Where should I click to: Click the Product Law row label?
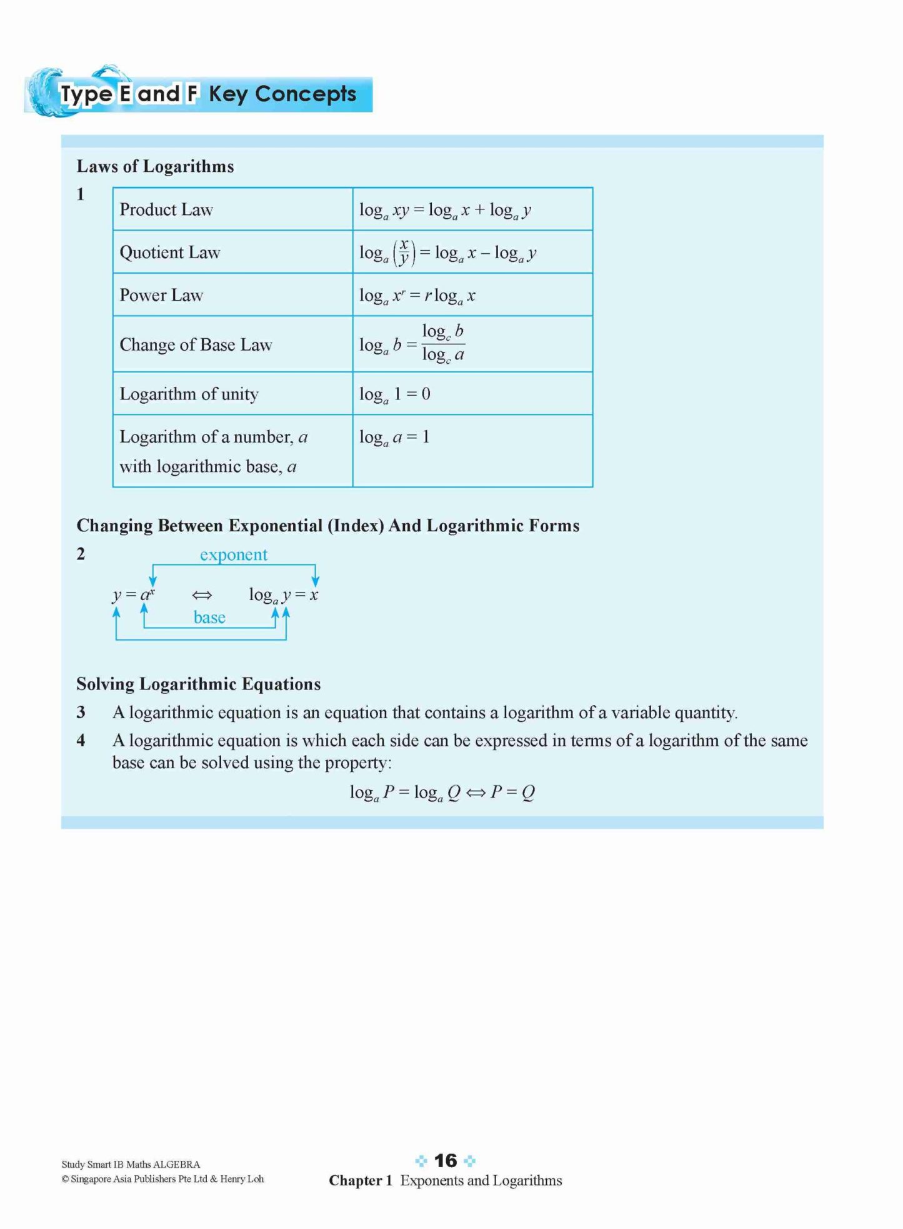(x=166, y=209)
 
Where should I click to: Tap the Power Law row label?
(x=161, y=295)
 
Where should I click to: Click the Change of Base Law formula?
(x=412, y=344)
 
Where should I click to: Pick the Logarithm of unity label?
(x=189, y=394)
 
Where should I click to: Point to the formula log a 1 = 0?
(x=394, y=394)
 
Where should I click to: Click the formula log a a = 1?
(x=394, y=437)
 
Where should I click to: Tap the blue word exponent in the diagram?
(x=233, y=554)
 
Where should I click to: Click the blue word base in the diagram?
(x=209, y=618)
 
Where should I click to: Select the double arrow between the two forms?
(x=202, y=595)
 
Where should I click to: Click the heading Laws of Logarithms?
(x=155, y=166)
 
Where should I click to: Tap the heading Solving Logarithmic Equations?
(x=198, y=684)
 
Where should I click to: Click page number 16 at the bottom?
(x=446, y=1161)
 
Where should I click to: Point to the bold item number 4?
(x=81, y=741)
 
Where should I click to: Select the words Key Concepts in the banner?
(x=282, y=94)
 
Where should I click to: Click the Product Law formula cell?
(x=445, y=210)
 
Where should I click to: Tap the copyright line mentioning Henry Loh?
(x=162, y=1179)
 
